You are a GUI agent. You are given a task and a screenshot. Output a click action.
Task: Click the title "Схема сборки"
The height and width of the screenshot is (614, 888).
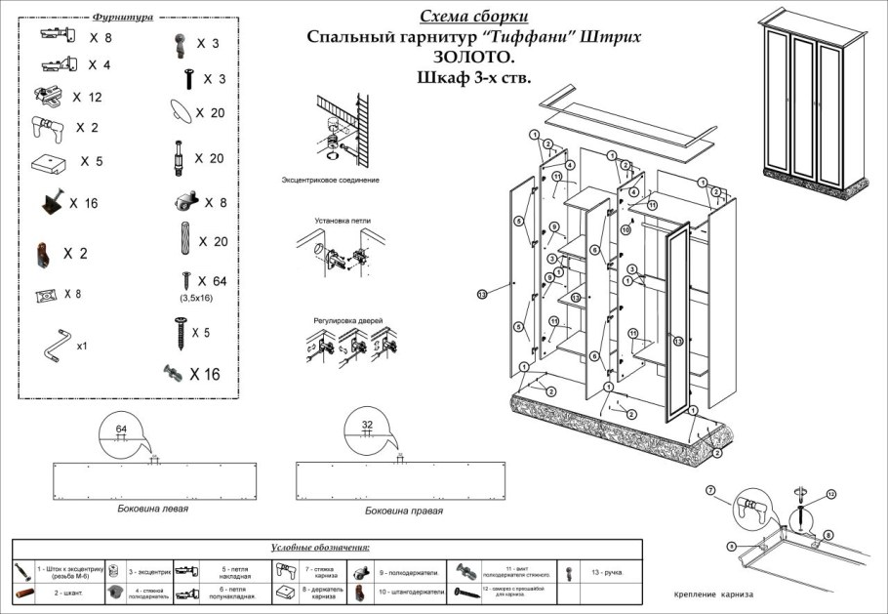474,17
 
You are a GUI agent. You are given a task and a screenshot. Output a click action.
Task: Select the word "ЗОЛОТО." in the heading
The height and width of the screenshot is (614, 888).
473,58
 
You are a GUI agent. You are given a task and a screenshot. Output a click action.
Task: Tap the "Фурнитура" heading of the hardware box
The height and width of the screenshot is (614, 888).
122,18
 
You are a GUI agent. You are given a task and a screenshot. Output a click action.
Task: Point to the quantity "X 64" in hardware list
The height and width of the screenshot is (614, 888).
211,281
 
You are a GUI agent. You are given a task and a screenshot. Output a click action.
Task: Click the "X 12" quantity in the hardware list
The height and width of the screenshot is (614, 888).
87,98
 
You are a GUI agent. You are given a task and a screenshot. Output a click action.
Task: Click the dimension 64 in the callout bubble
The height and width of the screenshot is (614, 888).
122,429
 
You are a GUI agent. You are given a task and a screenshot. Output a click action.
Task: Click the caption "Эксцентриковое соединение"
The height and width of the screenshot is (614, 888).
331,181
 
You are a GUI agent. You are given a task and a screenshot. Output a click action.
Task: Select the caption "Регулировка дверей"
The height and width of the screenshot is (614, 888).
348,320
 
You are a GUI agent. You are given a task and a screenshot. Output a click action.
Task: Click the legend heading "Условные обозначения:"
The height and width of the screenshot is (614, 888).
326,549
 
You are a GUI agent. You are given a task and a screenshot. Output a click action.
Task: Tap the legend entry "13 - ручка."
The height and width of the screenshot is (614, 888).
606,572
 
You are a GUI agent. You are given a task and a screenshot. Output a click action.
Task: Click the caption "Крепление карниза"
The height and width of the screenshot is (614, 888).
713,594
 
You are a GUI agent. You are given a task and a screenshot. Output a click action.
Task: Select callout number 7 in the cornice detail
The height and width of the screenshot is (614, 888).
710,488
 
